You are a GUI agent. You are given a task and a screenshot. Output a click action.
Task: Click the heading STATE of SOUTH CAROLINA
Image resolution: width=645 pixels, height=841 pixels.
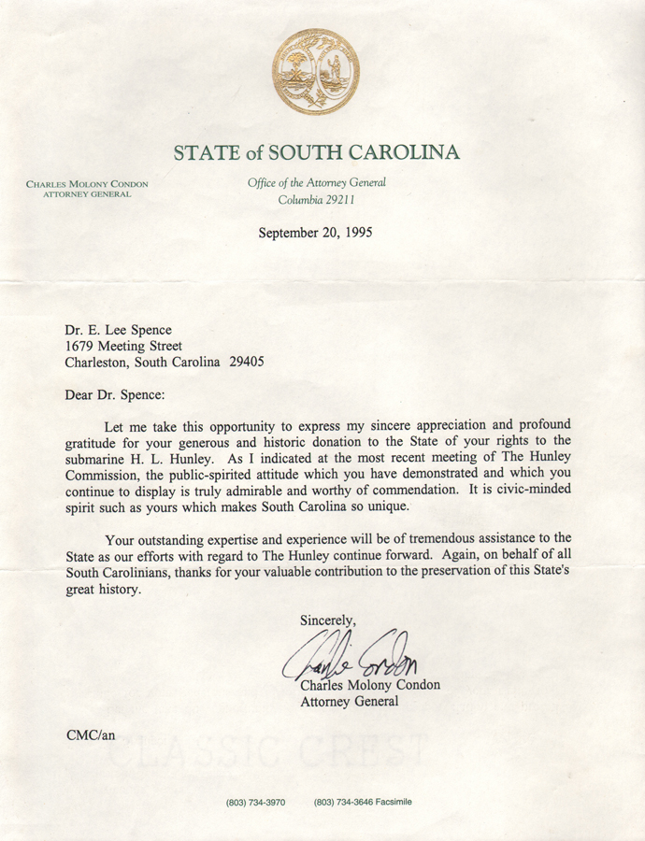point(316,151)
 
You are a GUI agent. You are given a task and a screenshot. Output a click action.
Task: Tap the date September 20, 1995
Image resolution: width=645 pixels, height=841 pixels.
point(316,233)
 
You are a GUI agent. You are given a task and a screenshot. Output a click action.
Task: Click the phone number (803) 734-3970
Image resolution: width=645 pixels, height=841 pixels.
point(255,802)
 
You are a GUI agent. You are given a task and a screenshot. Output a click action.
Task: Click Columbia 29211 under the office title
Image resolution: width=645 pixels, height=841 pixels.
point(316,200)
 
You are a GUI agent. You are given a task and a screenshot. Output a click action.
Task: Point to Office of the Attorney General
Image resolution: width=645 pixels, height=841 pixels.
point(316,183)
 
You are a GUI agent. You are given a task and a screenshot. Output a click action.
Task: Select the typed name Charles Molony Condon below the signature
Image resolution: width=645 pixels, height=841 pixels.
point(370,685)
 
